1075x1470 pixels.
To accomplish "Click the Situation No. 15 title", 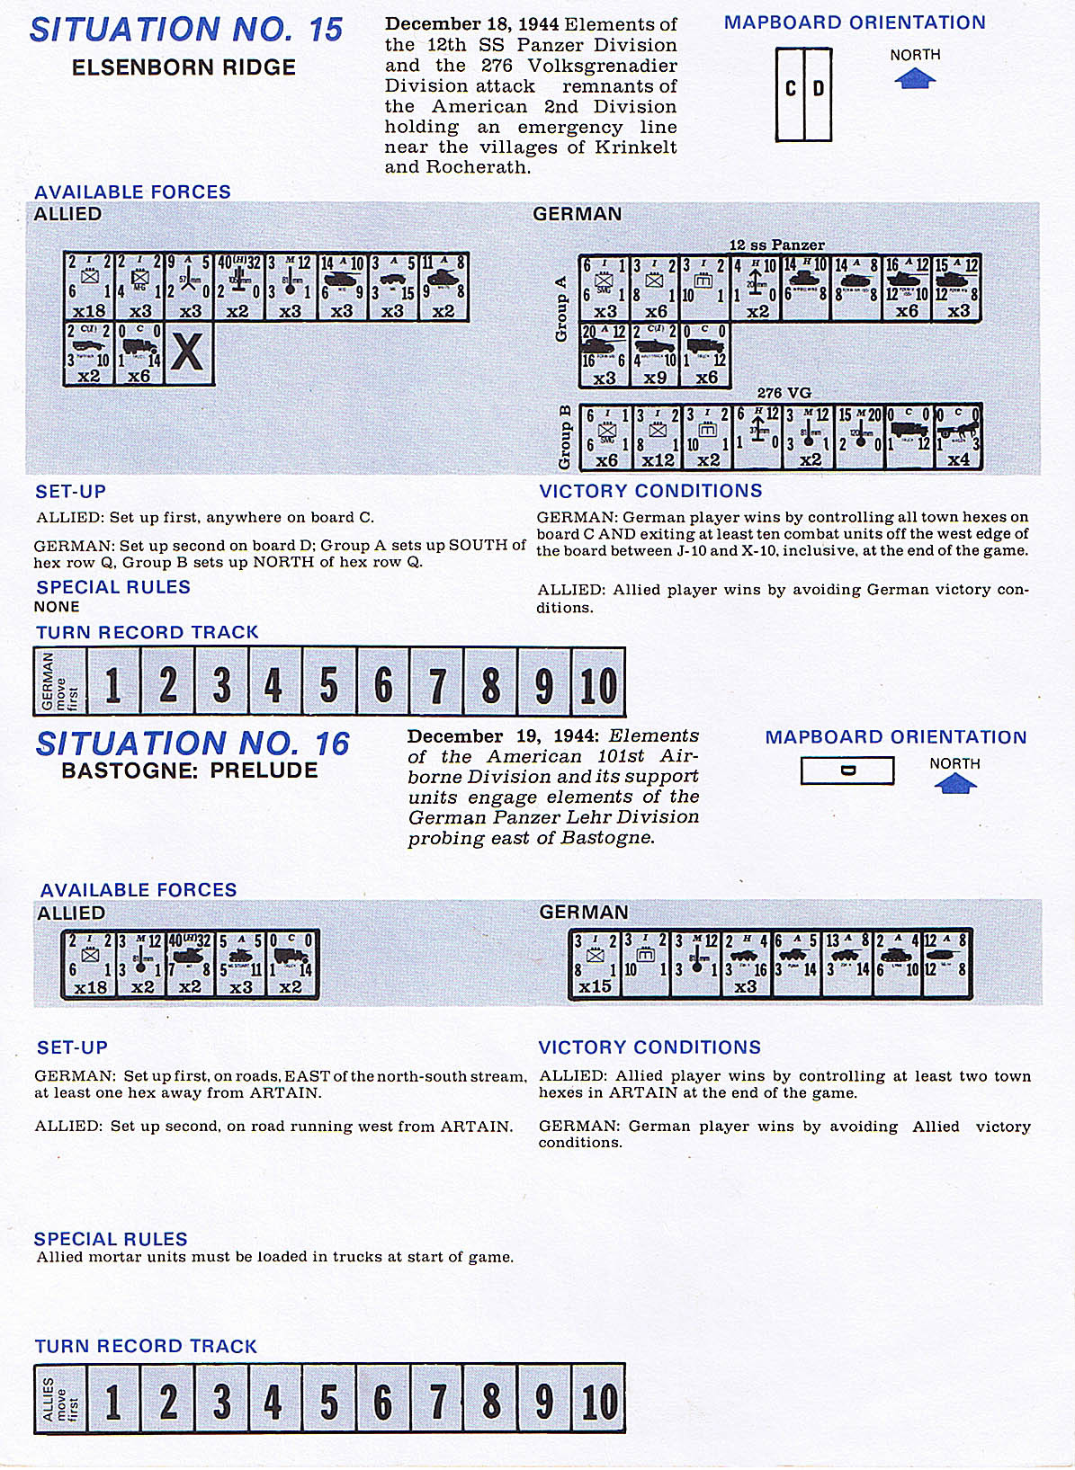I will pos(186,31).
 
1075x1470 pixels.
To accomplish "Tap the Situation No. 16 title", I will pos(192,744).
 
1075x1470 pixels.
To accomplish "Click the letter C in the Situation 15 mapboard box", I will pos(791,89).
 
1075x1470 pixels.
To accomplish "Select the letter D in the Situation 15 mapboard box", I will pos(819,89).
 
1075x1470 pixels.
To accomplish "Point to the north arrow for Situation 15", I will pos(915,79).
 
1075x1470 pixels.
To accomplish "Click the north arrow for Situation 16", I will pos(954,785).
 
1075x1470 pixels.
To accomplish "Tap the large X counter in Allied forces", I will pos(188,353).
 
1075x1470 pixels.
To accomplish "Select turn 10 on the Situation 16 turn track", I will pos(598,1401).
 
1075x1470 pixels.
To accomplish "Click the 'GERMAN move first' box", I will pos(60,682).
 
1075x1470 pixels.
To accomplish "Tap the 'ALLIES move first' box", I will pos(60,1399).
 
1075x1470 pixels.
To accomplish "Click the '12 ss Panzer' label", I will pos(776,245).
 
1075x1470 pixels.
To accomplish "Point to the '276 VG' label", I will pos(784,393).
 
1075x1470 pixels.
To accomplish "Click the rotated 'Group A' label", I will pos(562,308).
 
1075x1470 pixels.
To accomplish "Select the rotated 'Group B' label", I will pos(565,436).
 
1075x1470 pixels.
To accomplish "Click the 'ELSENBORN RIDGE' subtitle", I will pos(184,67).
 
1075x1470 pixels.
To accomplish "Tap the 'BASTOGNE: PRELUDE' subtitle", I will pos(190,771).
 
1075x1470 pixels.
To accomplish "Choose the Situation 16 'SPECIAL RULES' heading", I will pos(112,1238).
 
